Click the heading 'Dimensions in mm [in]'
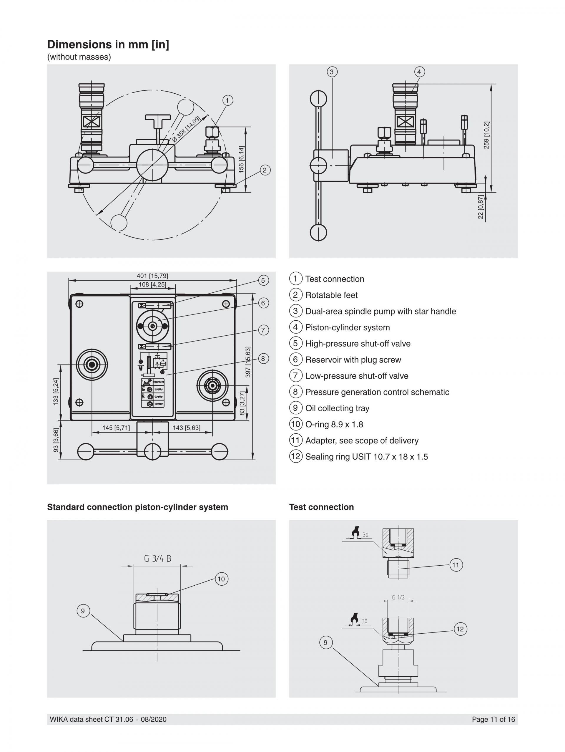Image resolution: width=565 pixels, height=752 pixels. pyautogui.click(x=108, y=44)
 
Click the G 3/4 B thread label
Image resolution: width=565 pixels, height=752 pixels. pyautogui.click(x=157, y=558)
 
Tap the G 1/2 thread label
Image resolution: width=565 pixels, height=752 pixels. pyautogui.click(x=398, y=597)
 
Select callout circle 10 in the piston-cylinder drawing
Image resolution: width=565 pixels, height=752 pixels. pyautogui.click(x=221, y=579)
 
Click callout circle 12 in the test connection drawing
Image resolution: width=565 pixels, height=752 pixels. pyautogui.click(x=460, y=629)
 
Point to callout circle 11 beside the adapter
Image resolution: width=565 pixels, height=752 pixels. pyautogui.click(x=456, y=565)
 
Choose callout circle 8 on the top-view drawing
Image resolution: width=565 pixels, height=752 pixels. pyautogui.click(x=263, y=358)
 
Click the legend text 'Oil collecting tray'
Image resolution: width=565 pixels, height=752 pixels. pyautogui.click(x=337, y=408)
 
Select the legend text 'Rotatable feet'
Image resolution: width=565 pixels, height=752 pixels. pyautogui.click(x=331, y=295)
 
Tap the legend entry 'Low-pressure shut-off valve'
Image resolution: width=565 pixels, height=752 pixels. pyautogui.click(x=357, y=376)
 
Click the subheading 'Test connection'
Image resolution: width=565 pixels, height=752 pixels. pyautogui.click(x=321, y=507)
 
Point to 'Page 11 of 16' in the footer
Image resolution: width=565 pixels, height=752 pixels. pyautogui.click(x=493, y=719)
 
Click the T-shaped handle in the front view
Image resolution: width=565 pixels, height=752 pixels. pyautogui.click(x=158, y=117)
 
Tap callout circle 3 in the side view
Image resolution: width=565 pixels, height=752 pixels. pyautogui.click(x=332, y=72)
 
